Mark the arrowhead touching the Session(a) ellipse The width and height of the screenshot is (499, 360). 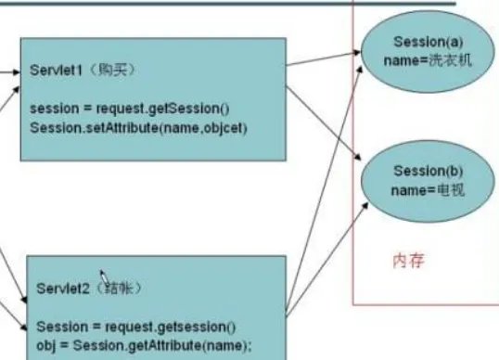point(360,58)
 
